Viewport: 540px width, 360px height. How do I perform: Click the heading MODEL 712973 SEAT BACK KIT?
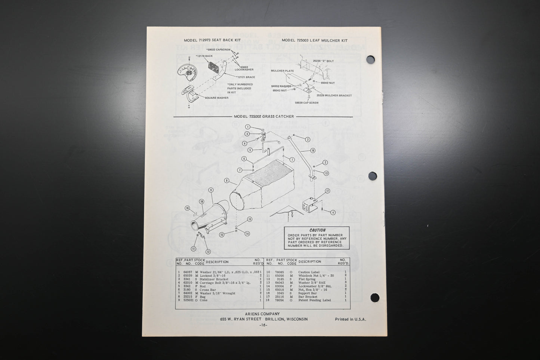(x=212, y=40)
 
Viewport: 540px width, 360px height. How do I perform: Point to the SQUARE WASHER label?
(x=216, y=98)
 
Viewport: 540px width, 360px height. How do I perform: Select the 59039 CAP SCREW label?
(x=306, y=102)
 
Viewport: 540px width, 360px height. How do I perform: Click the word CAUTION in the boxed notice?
(x=317, y=230)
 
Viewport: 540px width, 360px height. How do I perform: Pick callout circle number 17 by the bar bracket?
(x=327, y=191)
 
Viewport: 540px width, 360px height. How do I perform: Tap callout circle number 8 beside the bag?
(x=226, y=180)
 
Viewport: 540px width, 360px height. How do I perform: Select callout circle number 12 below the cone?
(x=208, y=252)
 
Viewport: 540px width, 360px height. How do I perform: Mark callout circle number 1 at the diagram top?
(x=247, y=127)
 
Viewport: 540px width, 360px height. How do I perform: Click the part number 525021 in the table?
(x=188, y=300)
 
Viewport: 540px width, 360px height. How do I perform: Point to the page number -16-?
(x=263, y=325)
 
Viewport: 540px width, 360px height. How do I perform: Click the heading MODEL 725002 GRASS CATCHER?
(x=264, y=116)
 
